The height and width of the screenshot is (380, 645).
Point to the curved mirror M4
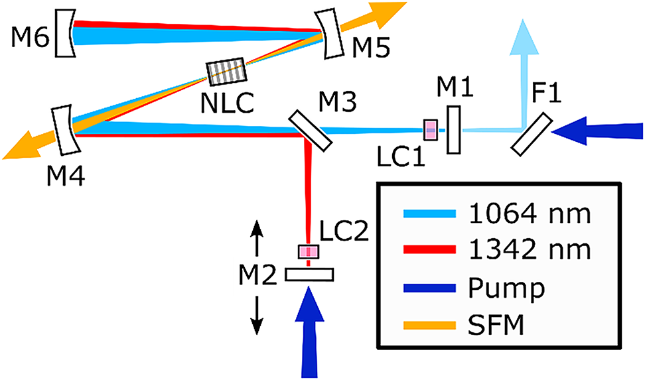click(x=64, y=130)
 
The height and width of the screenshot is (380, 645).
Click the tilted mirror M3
click(x=311, y=130)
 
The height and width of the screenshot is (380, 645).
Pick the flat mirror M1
click(x=454, y=131)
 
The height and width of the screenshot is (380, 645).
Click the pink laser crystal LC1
click(x=431, y=130)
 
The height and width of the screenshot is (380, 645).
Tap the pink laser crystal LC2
click(x=308, y=252)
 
